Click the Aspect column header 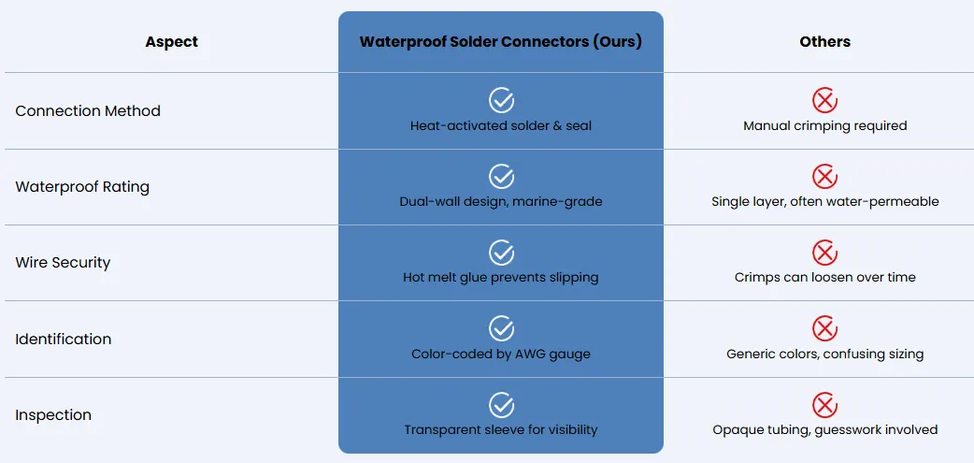(171, 42)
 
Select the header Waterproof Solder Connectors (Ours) (501, 42)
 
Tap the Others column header (825, 42)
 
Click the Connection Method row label (88, 110)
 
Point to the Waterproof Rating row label (82, 187)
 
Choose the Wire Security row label (63, 262)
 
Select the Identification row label (64, 339)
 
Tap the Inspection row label (53, 415)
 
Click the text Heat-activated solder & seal (501, 126)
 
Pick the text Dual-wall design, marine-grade (501, 202)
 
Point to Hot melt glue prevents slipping (501, 278)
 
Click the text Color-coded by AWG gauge (501, 354)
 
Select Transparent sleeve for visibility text (501, 430)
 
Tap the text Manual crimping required (825, 126)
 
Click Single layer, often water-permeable (825, 202)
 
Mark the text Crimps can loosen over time (825, 278)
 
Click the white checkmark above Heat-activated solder (501, 100)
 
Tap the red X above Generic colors (825, 328)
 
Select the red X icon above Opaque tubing (825, 405)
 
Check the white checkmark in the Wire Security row (501, 253)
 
